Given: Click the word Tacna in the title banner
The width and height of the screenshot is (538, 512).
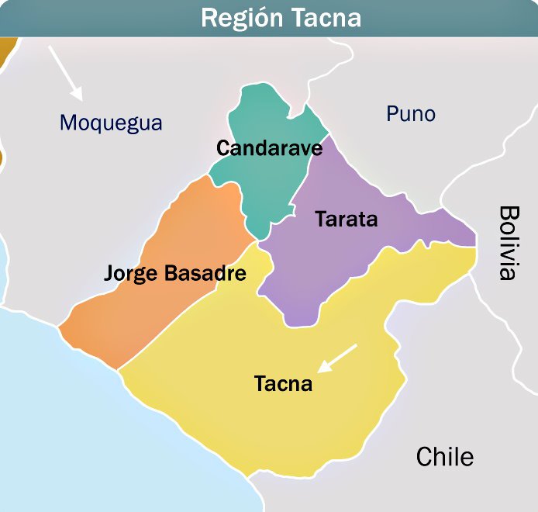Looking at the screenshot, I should pos(325,17).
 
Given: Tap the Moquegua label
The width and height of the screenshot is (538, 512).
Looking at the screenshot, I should pos(111,123).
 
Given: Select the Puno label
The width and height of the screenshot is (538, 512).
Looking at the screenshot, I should pos(411,114).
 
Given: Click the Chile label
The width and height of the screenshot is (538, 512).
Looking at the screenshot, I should pos(444,456).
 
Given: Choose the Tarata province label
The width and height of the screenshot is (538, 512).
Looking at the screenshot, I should pos(346,219).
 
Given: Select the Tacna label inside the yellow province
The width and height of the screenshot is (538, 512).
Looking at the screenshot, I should pos(283,383).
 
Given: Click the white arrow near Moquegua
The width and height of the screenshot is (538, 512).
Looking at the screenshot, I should pos(66,72).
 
